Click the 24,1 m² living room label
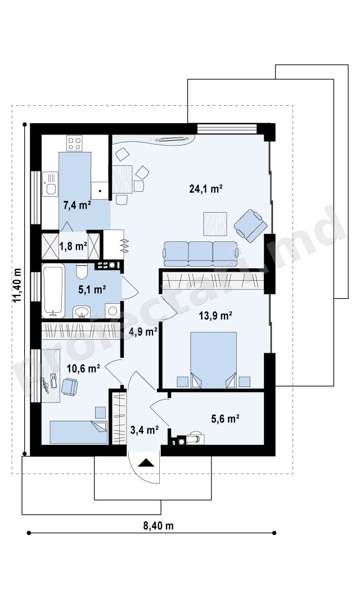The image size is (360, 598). click(x=206, y=188)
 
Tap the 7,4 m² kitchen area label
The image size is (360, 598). click(x=77, y=205)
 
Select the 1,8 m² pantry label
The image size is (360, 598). click(x=73, y=246)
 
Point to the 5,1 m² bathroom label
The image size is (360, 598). click(x=92, y=290)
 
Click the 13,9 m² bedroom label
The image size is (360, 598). click(x=215, y=316)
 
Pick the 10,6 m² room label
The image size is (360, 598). click(x=83, y=368)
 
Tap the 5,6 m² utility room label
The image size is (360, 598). click(x=225, y=419)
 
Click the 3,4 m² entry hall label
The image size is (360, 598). click(x=145, y=430)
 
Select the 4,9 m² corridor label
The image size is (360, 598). click(x=143, y=332)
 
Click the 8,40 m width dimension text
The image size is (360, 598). click(x=158, y=525)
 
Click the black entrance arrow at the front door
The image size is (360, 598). click(x=146, y=463)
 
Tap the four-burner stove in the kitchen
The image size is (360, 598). click(x=74, y=143)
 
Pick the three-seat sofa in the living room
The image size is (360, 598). click(x=201, y=254)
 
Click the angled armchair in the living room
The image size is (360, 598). click(x=250, y=226)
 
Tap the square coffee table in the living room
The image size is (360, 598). click(x=215, y=224)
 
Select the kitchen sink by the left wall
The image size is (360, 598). click(x=50, y=184)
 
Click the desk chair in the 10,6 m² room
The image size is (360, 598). click(x=69, y=386)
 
